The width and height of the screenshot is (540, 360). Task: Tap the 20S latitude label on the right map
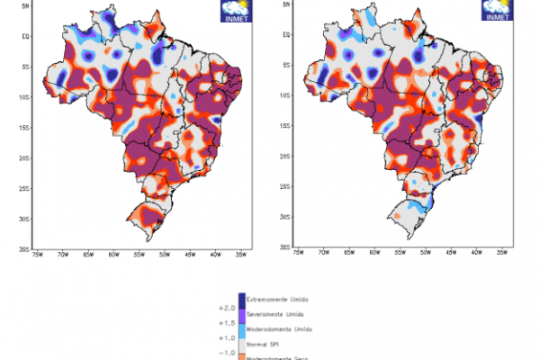pyautogui.click(x=284, y=156)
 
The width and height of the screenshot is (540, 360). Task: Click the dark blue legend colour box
pyautogui.click(x=242, y=300)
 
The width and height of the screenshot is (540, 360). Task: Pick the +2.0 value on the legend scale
pyautogui.click(x=227, y=307)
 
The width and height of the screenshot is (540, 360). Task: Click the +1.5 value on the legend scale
pyautogui.click(x=227, y=321)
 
